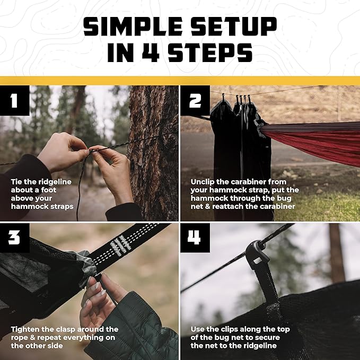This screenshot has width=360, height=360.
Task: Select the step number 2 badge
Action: click(195, 100)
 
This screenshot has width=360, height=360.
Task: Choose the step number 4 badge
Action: click(195, 238)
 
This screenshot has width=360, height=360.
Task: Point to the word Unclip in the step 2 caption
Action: click(204, 181)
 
